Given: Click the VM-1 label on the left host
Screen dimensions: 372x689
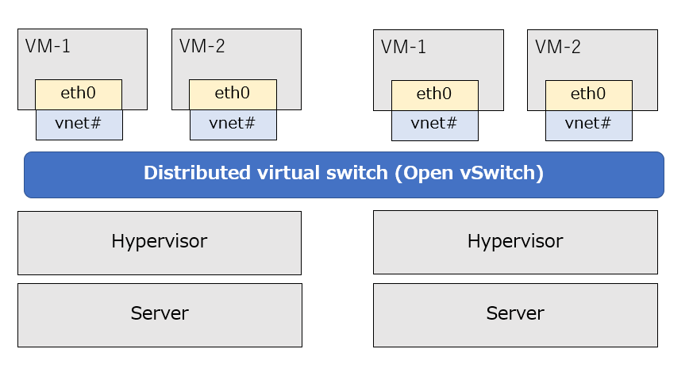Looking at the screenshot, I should [x=48, y=47].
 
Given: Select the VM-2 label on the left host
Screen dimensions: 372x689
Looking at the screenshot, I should [x=202, y=47].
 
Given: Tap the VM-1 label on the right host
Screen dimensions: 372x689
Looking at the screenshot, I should [x=403, y=48].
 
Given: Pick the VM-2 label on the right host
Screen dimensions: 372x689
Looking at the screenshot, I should [x=557, y=48].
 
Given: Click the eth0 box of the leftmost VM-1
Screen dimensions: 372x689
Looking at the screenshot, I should [x=79, y=94].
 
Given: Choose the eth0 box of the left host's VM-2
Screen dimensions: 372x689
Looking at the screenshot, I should [x=233, y=94].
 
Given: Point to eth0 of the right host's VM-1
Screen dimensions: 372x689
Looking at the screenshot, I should [x=434, y=94].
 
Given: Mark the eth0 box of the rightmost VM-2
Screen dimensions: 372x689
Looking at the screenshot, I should [x=588, y=94].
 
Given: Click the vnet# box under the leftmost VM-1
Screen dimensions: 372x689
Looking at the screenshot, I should [x=79, y=124].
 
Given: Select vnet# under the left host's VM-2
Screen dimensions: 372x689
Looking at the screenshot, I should [x=233, y=124].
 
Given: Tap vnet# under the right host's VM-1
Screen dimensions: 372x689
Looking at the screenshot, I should [x=434, y=124].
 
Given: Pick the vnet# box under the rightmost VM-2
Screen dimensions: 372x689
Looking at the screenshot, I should [x=588, y=124].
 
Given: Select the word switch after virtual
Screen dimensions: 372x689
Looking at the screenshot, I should [x=357, y=174].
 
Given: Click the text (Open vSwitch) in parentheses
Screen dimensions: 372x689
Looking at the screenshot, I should [x=469, y=174].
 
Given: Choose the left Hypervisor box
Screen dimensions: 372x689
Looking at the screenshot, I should [x=160, y=242].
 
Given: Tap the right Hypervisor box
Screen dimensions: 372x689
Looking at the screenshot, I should [x=515, y=242].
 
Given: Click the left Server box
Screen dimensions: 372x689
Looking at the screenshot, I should [x=160, y=314].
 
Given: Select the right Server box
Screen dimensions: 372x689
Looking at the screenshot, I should [x=515, y=314].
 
